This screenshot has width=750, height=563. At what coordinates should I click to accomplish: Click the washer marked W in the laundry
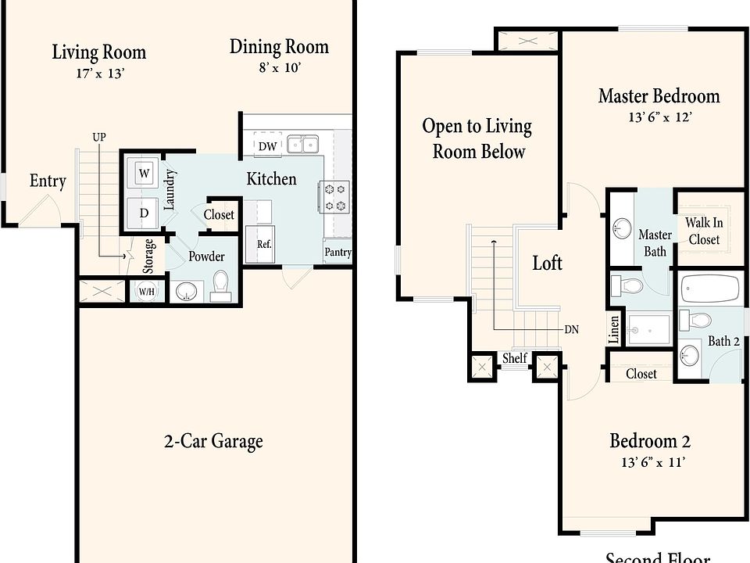[144, 173]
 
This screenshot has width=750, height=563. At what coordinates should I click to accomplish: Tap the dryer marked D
[144, 213]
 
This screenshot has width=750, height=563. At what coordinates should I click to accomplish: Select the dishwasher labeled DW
[267, 145]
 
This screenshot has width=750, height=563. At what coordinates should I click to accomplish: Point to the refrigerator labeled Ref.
[261, 244]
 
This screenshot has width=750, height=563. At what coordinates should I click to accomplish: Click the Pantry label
[337, 252]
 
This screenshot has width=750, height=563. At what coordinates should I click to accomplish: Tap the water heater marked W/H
[146, 291]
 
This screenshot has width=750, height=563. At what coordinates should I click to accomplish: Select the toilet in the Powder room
[220, 286]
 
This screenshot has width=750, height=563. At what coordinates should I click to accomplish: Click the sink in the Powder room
[187, 291]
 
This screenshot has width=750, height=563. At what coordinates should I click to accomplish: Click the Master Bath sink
[622, 228]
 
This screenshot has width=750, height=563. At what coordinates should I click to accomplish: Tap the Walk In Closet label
[704, 231]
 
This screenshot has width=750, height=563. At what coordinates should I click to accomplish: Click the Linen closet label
[614, 329]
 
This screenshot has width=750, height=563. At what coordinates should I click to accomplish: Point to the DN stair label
[572, 329]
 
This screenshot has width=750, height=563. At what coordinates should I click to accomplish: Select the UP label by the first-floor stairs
[99, 138]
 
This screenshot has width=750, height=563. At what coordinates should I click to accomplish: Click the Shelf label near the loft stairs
[514, 357]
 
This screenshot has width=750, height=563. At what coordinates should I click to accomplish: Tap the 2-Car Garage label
[213, 441]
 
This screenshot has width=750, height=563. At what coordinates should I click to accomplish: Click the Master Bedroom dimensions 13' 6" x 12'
[660, 117]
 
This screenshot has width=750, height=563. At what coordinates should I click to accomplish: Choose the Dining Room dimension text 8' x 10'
[280, 67]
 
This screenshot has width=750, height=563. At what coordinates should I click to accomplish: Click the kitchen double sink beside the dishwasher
[303, 144]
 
